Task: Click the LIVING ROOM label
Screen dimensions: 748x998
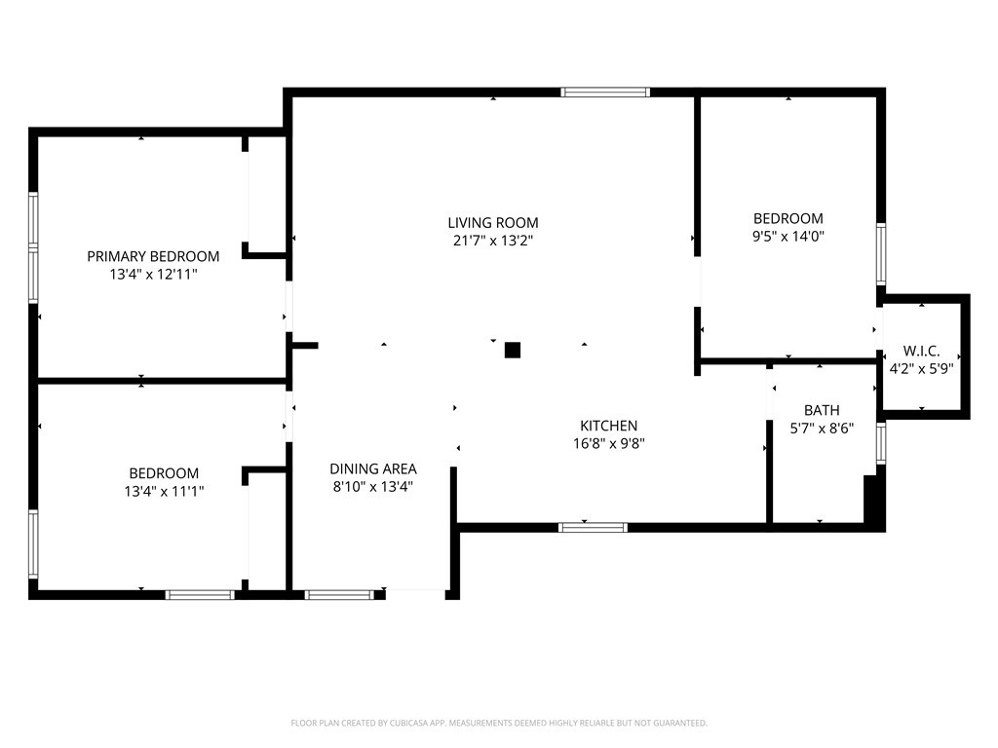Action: coord(493,222)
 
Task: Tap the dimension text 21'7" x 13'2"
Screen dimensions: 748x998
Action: coord(493,240)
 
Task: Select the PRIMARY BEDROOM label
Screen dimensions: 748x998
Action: coord(153,256)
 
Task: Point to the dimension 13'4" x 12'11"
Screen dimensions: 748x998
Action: coord(153,275)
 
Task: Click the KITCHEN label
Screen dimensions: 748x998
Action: coord(608,426)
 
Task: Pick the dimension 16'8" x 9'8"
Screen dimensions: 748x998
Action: coord(608,443)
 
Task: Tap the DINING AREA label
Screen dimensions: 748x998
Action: coord(373,468)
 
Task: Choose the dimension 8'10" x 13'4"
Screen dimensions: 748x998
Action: coord(373,487)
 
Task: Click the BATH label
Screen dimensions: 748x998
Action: coord(822,410)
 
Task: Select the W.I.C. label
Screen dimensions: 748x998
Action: coord(921,351)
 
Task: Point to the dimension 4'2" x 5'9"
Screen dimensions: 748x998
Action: coord(921,368)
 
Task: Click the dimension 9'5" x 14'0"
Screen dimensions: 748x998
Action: coord(787,236)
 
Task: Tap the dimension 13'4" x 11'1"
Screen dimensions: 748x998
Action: coord(164,492)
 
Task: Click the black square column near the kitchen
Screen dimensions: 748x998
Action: coord(513,350)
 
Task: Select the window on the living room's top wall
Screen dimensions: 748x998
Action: coord(605,93)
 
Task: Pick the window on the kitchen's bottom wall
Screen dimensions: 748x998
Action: coord(593,528)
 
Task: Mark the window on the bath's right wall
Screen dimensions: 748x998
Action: coord(880,442)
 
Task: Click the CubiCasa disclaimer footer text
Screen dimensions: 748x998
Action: coord(499,723)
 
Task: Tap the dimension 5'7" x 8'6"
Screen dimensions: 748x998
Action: coord(822,428)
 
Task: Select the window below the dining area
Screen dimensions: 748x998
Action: coord(339,594)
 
